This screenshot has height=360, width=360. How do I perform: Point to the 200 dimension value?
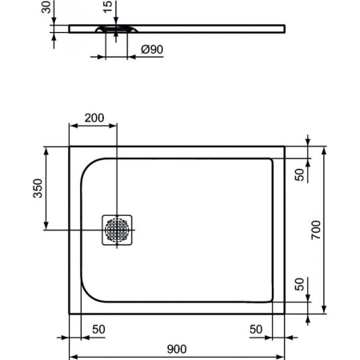[x=94, y=118]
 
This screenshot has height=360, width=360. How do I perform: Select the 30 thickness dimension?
[x=43, y=10]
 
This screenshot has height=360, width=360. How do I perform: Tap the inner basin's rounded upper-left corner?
[x=86, y=165]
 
